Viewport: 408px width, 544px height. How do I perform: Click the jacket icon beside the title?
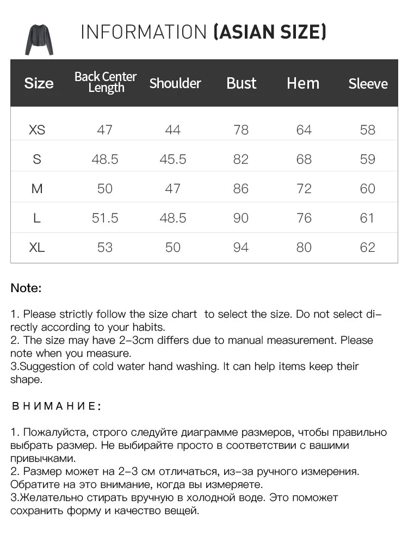39,39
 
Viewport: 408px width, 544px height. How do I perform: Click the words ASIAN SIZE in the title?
270,33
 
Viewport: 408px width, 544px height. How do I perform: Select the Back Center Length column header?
106,82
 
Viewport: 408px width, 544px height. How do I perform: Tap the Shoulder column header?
175,83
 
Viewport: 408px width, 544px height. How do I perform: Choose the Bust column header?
241,83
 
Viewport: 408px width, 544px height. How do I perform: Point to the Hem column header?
303,83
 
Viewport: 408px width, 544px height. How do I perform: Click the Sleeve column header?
368,84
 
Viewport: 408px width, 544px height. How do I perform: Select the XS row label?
37,130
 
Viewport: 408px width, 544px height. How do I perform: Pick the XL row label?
37,248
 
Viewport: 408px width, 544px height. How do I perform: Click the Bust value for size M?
240,189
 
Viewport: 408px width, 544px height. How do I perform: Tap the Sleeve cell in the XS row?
368,130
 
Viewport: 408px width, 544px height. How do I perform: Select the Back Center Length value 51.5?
105,218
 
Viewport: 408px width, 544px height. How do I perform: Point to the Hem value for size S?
304,159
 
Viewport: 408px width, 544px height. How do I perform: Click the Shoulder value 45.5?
173,159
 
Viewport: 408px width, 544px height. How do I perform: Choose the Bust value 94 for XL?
240,248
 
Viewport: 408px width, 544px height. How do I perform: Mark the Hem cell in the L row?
304,218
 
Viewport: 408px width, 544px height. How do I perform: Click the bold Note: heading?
26,288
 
